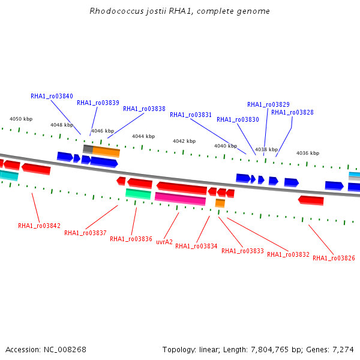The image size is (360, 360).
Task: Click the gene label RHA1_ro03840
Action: pyautogui.click(x=52, y=96)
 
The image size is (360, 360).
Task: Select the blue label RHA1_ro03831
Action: pyautogui.click(x=191, y=115)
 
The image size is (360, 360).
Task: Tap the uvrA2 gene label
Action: pyautogui.click(x=164, y=242)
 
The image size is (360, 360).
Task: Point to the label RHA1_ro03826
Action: pyautogui.click(x=334, y=258)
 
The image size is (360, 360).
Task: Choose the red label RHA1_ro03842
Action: pyautogui.click(x=39, y=226)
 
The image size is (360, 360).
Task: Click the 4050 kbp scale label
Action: pyautogui.click(x=21, y=119)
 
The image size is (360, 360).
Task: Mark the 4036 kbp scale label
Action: pyautogui.click(x=308, y=153)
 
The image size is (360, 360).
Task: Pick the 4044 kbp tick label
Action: pyautogui.click(x=143, y=136)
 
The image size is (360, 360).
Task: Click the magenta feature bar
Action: pyautogui.click(x=180, y=199)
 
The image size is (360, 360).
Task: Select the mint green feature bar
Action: pyautogui.click(x=138, y=194)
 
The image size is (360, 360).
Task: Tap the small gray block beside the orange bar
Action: pyautogui.click(x=88, y=149)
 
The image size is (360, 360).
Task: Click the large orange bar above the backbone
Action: pyautogui.click(x=106, y=152)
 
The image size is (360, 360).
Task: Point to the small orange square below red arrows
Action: pyautogui.click(x=220, y=203)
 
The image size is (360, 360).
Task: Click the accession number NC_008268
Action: pyautogui.click(x=65, y=350)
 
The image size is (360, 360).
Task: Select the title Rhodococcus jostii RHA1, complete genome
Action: pyautogui.click(x=180, y=11)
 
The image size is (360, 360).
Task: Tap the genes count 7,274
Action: pyautogui.click(x=343, y=350)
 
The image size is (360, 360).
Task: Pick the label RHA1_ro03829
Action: pyautogui.click(x=268, y=104)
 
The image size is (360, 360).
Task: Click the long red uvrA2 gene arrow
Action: pyautogui.click(x=182, y=188)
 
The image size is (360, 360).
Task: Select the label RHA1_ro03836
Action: pyautogui.click(x=131, y=239)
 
